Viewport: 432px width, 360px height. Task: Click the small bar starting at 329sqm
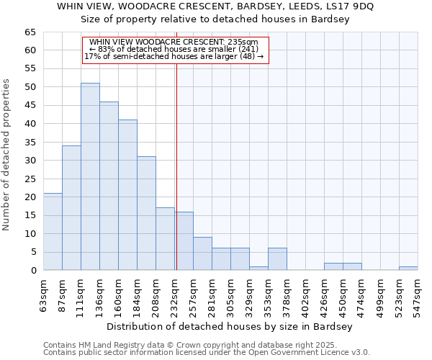click(258, 268)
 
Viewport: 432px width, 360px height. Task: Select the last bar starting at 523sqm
click(408, 268)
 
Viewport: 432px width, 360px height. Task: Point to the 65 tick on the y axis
click(30, 32)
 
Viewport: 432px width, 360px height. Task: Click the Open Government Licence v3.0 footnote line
click(206, 353)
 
